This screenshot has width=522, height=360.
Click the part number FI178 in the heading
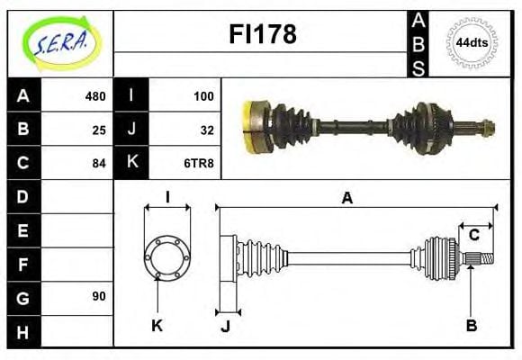coord(261,35)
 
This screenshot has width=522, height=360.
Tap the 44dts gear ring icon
coord(472,42)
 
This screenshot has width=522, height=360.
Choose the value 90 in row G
coord(99,295)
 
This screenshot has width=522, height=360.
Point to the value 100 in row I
coord(203,96)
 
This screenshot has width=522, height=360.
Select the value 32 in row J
coord(207,130)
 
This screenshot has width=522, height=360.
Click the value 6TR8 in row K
coord(200,163)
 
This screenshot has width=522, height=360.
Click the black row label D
coord(22,196)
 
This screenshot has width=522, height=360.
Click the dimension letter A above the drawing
coord(346,198)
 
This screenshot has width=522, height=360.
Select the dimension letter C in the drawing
coord(473,236)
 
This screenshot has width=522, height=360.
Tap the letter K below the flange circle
coord(157,326)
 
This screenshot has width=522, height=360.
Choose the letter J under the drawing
coord(225,326)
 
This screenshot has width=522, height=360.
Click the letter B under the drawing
coord(471,326)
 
